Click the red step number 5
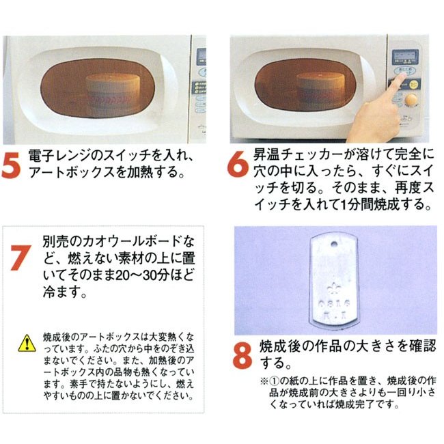click(x=11, y=165)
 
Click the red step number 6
click(x=238, y=164)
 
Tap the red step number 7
click(x=20, y=258)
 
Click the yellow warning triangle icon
click(x=27, y=343)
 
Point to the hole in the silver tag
click(x=335, y=244)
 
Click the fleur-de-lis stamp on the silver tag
click(x=333, y=288)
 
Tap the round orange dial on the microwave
click(x=411, y=100)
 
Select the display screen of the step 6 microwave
click(x=405, y=57)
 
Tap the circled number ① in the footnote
click(x=274, y=381)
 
